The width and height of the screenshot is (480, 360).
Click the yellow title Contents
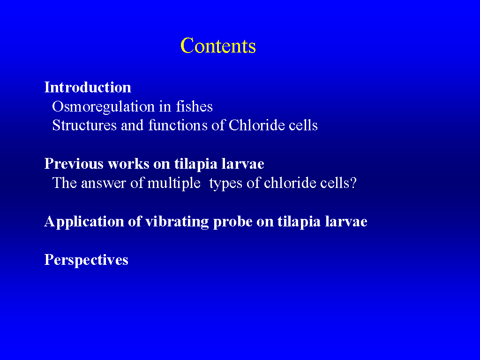click(x=218, y=45)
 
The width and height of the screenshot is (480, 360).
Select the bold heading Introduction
click(x=88, y=87)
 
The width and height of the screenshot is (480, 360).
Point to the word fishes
click(x=194, y=106)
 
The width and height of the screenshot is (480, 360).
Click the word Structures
click(x=84, y=125)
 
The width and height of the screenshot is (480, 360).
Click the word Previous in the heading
click(x=74, y=164)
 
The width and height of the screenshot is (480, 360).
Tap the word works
click(x=128, y=164)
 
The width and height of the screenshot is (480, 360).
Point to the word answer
click(x=104, y=183)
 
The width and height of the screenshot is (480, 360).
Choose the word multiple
click(x=174, y=184)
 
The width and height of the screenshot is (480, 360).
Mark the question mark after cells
click(x=353, y=183)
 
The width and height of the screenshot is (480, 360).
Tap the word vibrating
click(x=177, y=222)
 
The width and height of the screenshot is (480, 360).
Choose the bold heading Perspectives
click(x=86, y=260)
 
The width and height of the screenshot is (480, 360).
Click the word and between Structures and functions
click(x=132, y=125)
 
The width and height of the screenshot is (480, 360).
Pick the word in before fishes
click(x=165, y=106)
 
